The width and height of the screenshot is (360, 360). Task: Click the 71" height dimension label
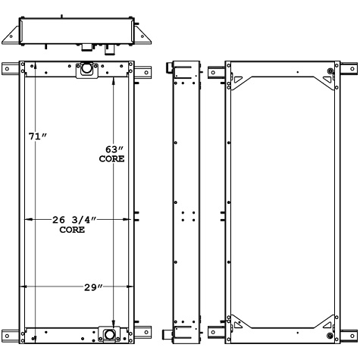pyautogui.click(x=38, y=136)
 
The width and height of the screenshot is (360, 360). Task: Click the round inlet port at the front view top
pyautogui.click(x=86, y=69)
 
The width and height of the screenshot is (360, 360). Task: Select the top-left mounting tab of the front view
pyautogui.click(x=11, y=70)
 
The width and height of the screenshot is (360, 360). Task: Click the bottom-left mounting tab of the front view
pyautogui.click(x=11, y=333)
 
